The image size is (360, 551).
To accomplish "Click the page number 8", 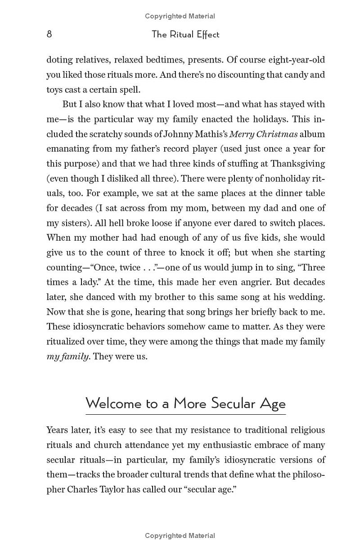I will (x=49, y=34).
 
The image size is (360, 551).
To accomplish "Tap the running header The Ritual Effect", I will (x=185, y=34).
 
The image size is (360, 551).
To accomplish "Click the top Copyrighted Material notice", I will (x=180, y=16).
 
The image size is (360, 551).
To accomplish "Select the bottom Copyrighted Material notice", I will (x=180, y=535).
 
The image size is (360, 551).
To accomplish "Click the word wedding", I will (x=308, y=297).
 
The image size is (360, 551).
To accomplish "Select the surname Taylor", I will (x=109, y=489).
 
